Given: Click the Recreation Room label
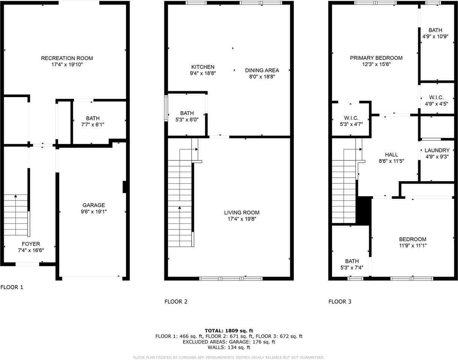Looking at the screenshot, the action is pyautogui.click(x=67, y=58).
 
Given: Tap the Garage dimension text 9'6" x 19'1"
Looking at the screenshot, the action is pyautogui.click(x=94, y=211).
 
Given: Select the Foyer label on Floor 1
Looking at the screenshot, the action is pyautogui.click(x=31, y=244).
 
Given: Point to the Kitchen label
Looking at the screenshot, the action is pyautogui.click(x=203, y=67).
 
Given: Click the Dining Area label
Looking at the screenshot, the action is pyautogui.click(x=262, y=70).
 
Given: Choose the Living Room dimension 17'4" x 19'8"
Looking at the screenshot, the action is pyautogui.click(x=242, y=219).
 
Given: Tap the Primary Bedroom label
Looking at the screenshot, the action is pyautogui.click(x=376, y=58).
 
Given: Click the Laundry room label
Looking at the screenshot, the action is pyautogui.click(x=437, y=150).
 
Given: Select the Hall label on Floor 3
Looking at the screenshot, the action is pyautogui.click(x=391, y=154).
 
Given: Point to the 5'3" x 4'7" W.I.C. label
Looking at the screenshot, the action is pyautogui.click(x=351, y=121).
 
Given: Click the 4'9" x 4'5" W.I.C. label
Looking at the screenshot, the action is pyautogui.click(x=437, y=100).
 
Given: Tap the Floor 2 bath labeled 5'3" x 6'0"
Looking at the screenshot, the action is pyautogui.click(x=187, y=116).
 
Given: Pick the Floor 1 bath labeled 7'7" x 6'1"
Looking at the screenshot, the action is pyautogui.click(x=93, y=121).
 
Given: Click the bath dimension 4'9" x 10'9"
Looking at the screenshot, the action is pyautogui.click(x=435, y=36).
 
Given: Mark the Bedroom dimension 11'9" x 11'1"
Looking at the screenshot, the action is pyautogui.click(x=413, y=246).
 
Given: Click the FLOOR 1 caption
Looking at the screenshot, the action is pyautogui.click(x=12, y=287).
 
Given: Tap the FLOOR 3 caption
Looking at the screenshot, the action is pyautogui.click(x=340, y=301).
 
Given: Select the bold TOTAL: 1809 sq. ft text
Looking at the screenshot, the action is pyautogui.click(x=229, y=331).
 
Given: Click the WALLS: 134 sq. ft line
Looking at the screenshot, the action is pyautogui.click(x=229, y=348).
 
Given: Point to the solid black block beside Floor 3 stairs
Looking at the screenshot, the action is pyautogui.click(x=364, y=210).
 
